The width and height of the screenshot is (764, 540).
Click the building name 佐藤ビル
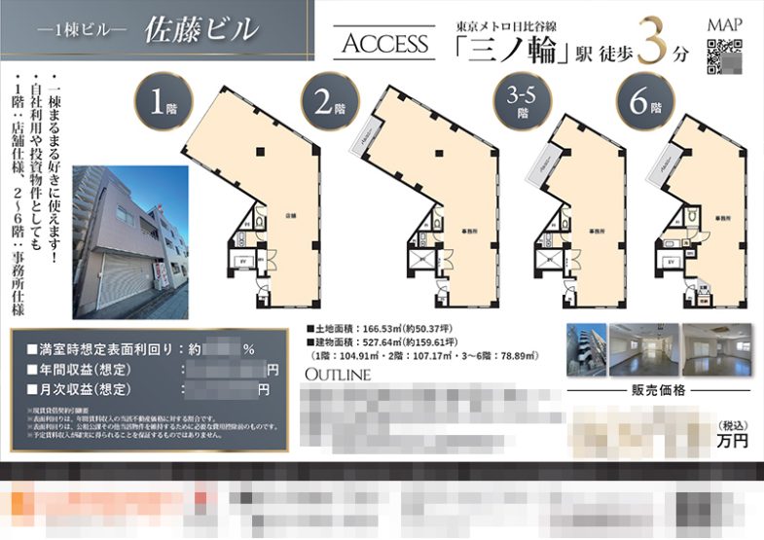coord(200,30)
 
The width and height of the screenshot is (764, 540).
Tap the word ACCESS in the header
coord(386,44)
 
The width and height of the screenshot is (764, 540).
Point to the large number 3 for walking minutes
coord(654,44)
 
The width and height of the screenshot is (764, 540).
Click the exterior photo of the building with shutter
coord(129,238)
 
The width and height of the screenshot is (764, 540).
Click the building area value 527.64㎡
coord(388,343)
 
